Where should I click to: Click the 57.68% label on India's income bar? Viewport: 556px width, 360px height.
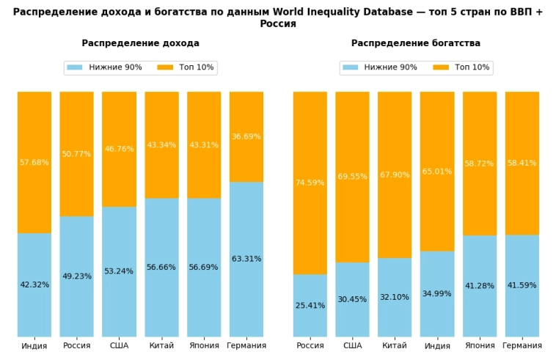[x=34, y=162]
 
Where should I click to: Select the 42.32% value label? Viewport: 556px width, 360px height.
[x=34, y=284]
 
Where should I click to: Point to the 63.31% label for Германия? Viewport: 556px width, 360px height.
[x=246, y=259]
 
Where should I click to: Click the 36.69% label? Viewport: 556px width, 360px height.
[x=246, y=136]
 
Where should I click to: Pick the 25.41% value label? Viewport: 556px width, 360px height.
[x=310, y=305]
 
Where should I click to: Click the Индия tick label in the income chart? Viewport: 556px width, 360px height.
[x=34, y=345]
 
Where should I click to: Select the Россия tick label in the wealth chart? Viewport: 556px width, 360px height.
[x=310, y=345]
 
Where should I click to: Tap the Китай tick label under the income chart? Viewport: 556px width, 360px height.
[x=161, y=345]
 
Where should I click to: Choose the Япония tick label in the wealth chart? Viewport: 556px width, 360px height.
[x=480, y=345]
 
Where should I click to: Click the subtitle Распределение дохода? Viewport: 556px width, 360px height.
[x=140, y=43]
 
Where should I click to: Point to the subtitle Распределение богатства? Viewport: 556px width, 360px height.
[x=416, y=43]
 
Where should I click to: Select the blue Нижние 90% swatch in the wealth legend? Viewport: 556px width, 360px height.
[x=351, y=67]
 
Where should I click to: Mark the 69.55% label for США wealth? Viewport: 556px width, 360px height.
[x=353, y=177]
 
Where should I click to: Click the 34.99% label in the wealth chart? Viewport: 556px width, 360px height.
[x=437, y=293]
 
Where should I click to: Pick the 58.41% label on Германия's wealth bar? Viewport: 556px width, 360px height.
[x=522, y=163]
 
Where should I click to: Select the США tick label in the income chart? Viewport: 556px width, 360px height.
[x=119, y=345]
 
